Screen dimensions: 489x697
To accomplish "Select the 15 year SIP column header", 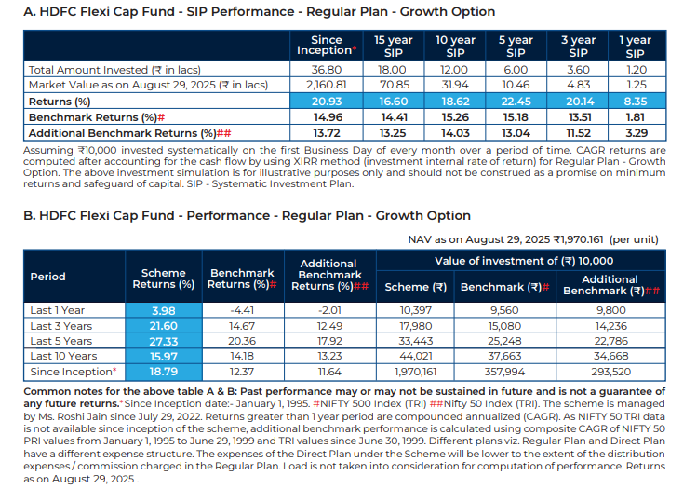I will pyautogui.click(x=394, y=47).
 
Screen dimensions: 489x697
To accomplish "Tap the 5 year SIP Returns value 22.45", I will pyautogui.click(x=516, y=101).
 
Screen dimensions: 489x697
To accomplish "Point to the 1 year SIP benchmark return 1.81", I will pyautogui.click(x=635, y=117).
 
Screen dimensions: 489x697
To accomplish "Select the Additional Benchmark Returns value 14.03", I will pyautogui.click(x=455, y=133).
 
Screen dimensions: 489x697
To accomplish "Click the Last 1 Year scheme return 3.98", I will pyautogui.click(x=163, y=310).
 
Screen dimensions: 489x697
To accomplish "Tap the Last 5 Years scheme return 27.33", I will pyautogui.click(x=163, y=342).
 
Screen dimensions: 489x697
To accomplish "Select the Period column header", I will pyautogui.click(x=48, y=277).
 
